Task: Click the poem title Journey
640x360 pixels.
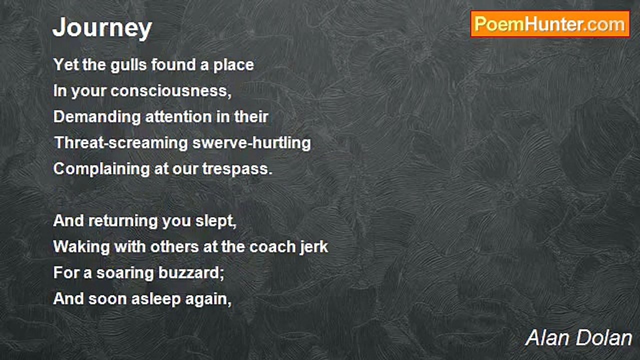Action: tap(102, 28)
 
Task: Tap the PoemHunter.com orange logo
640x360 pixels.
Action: tap(550, 24)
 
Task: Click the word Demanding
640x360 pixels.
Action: tap(97, 117)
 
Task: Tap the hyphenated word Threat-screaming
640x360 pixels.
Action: tap(121, 143)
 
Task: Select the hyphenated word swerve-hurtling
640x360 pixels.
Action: tap(251, 143)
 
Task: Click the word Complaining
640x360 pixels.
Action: tap(101, 169)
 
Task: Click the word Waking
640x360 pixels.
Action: tap(81, 247)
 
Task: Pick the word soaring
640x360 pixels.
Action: tap(125, 273)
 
